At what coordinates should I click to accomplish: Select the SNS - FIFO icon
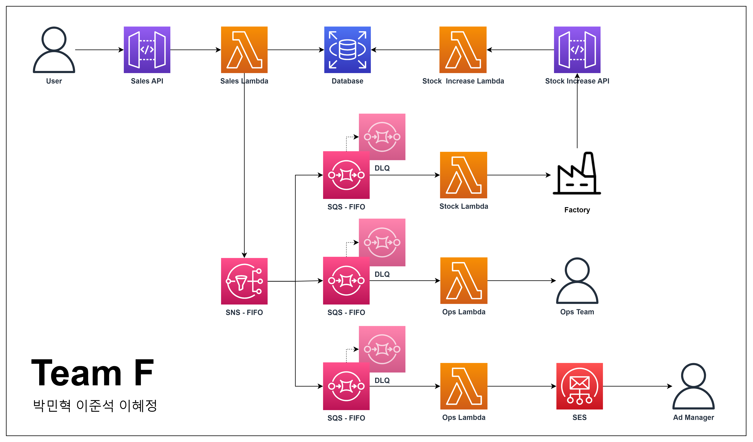(244, 281)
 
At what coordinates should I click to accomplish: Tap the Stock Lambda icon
(463, 175)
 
